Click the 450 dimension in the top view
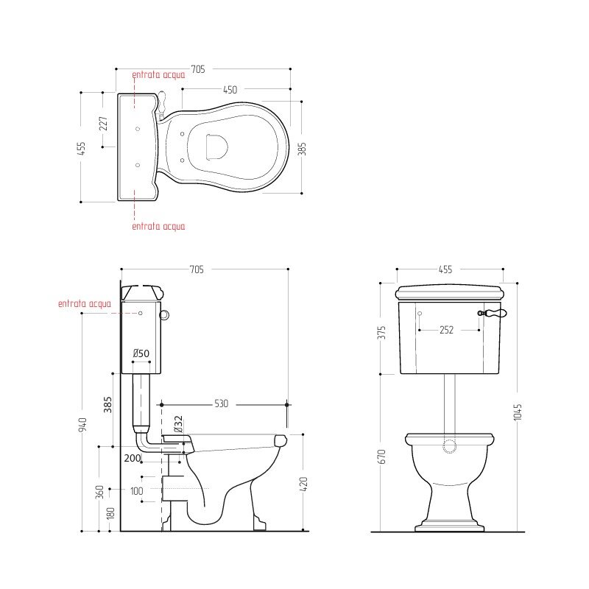tap(230, 90)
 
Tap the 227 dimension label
tap(104, 124)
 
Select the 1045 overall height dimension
tap(518, 412)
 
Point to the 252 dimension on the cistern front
tap(446, 330)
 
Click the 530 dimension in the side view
tap(222, 403)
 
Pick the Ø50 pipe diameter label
tap(141, 353)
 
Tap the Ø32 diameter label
tap(178, 424)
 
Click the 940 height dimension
tap(83, 424)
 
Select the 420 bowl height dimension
tap(304, 484)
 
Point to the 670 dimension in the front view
tap(381, 456)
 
